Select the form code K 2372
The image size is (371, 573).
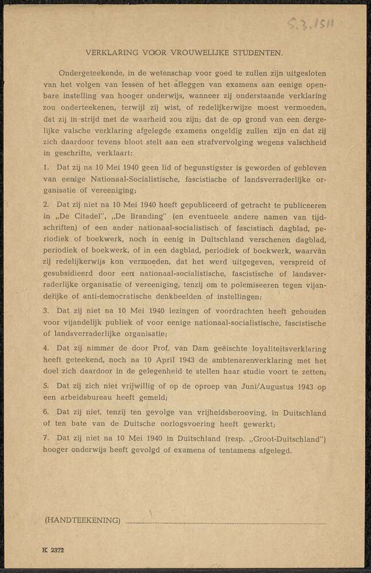pyautogui.click(x=53, y=549)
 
